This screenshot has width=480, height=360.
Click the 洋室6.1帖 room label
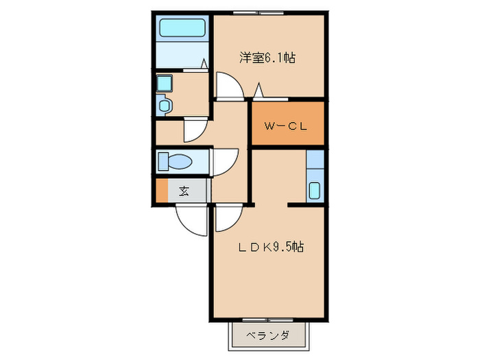pos(267,58)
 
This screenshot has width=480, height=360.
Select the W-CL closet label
pos(286,126)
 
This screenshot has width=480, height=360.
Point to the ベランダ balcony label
pos(267,336)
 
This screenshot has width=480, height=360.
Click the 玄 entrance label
pos(184,191)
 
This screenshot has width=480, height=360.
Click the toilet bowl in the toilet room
pos(180,162)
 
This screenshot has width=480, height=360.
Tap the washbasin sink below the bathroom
pos(164,106)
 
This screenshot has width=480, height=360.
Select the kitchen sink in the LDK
pos(315,190)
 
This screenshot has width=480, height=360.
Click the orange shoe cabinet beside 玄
pos(161,190)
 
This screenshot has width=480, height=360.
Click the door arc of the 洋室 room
pos(228,86)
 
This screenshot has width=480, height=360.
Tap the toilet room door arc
pos(224,162)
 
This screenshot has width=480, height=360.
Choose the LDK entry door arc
pos(227,219)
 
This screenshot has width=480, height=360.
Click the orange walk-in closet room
pos(286,123)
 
